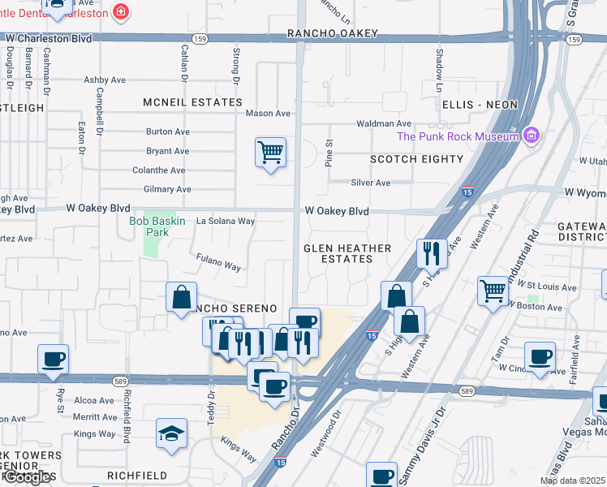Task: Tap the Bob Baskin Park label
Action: [157, 226]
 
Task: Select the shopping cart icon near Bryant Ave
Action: [270, 152]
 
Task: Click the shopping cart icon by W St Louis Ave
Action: [493, 291]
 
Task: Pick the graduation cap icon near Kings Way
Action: [172, 433]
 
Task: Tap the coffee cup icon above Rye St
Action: [54, 359]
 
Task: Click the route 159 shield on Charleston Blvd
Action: [198, 38]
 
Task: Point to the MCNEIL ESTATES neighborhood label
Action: [192, 102]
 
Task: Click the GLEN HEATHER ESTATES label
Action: [347, 253]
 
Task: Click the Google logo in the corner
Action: [28, 477]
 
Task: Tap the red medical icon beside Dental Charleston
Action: [120, 11]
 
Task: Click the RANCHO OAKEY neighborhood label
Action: [333, 33]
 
